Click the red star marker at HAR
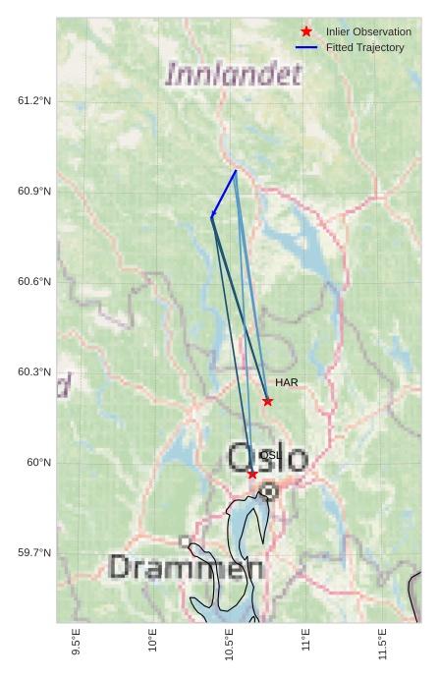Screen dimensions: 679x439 (267, 401)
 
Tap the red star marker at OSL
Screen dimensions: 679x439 (252, 474)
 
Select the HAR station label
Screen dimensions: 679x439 (287, 382)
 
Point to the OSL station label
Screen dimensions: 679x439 (270, 455)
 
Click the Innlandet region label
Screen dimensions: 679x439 (234, 75)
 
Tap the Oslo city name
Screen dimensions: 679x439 (268, 458)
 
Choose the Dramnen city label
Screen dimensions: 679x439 (186, 568)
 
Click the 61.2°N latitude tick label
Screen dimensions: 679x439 (34, 101)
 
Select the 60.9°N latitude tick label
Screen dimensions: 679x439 (34, 192)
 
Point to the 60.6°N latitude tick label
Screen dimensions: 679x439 (34, 282)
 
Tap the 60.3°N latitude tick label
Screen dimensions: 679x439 (34, 372)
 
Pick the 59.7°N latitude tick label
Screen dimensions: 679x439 (34, 553)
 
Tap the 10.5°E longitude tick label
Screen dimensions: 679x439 (230, 648)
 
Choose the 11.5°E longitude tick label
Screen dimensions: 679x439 (382, 648)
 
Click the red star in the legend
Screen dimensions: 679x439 (306, 32)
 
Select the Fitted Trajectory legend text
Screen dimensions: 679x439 (365, 48)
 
